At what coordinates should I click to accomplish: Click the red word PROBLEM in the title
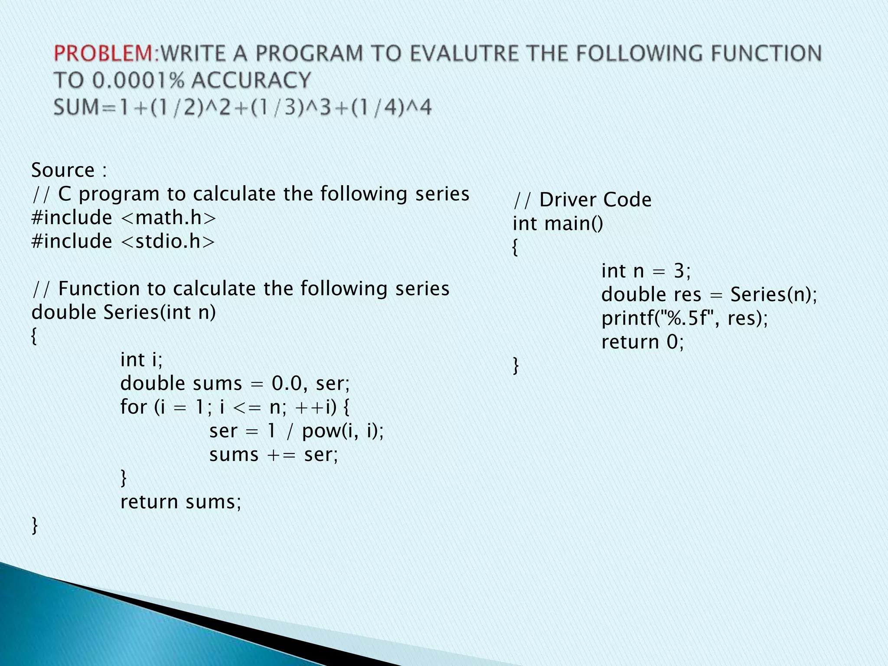(103, 54)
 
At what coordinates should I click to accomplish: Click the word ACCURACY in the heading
(251, 81)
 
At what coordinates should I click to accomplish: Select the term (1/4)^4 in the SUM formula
(391, 108)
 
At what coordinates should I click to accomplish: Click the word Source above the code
(63, 170)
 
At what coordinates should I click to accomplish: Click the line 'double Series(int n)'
(124, 312)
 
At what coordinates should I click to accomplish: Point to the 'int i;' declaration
(141, 359)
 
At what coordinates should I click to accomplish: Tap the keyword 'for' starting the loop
(134, 407)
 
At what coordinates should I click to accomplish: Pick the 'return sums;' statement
(180, 502)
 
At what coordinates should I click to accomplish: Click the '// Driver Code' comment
(582, 200)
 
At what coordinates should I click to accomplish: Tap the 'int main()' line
(558, 224)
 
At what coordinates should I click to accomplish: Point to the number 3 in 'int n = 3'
(679, 271)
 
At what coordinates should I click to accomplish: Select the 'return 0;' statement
(642, 342)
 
